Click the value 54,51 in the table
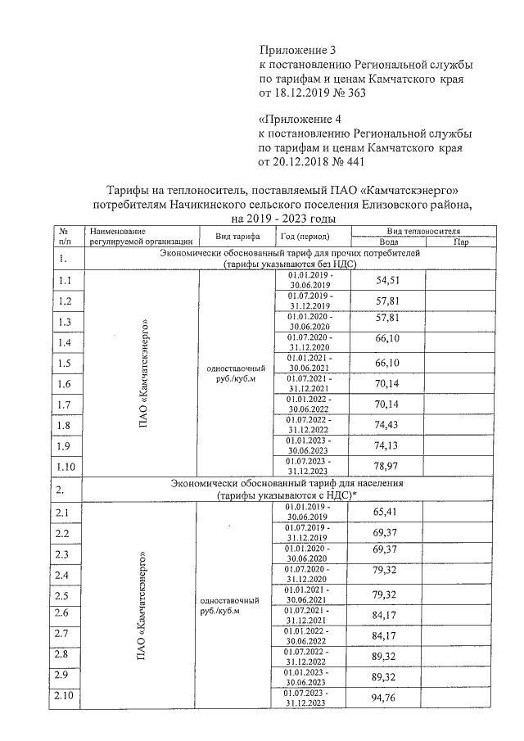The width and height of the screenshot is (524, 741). (x=386, y=281)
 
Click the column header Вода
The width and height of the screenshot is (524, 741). (x=389, y=242)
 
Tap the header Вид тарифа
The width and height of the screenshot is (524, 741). (x=237, y=237)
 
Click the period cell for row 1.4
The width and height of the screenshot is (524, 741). (x=308, y=341)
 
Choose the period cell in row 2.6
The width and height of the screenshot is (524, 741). (x=307, y=616)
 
